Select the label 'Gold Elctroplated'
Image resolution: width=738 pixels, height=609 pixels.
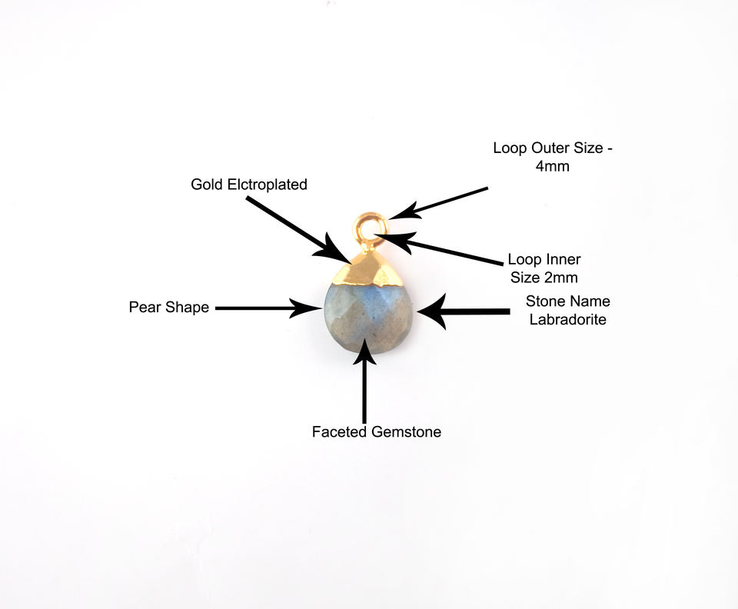click(249, 185)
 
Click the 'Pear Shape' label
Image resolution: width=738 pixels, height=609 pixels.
click(169, 308)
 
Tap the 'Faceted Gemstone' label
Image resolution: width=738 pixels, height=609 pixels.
click(377, 432)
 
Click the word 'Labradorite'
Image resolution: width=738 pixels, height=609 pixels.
click(567, 319)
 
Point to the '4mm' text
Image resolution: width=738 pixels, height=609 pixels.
click(553, 166)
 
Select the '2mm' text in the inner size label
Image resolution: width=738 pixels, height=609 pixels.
click(560, 278)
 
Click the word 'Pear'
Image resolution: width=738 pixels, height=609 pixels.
click(144, 308)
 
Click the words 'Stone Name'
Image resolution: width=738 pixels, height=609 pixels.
click(567, 301)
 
